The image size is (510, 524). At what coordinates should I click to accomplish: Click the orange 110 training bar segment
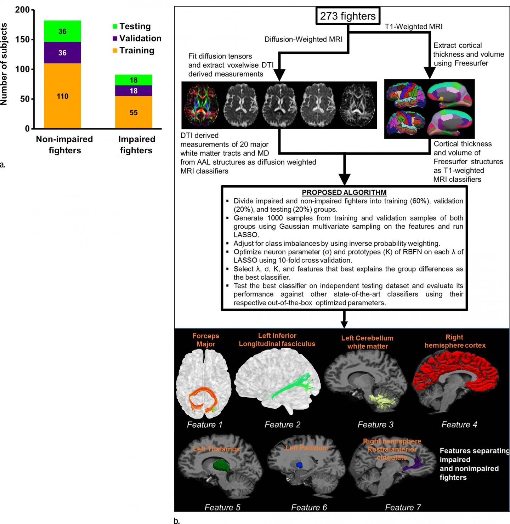pos(62,96)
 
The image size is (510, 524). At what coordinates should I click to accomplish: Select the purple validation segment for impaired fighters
pos(134,91)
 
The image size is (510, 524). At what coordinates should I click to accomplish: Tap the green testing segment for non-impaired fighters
pos(62,32)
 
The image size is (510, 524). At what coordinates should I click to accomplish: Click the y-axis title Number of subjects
pos(4,64)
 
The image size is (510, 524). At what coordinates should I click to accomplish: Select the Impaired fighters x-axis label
pos(136,145)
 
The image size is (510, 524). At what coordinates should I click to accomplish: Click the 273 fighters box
pos(348,16)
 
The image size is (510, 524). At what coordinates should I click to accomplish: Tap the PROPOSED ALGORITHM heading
pos(344,193)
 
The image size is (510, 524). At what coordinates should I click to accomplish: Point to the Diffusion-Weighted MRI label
pos(304,40)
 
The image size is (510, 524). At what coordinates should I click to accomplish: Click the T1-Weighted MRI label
pos(414,27)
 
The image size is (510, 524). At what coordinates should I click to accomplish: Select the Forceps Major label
pos(206,340)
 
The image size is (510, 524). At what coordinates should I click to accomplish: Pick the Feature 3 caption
pos(375,425)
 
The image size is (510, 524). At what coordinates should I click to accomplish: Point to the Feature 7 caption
pos(403,507)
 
